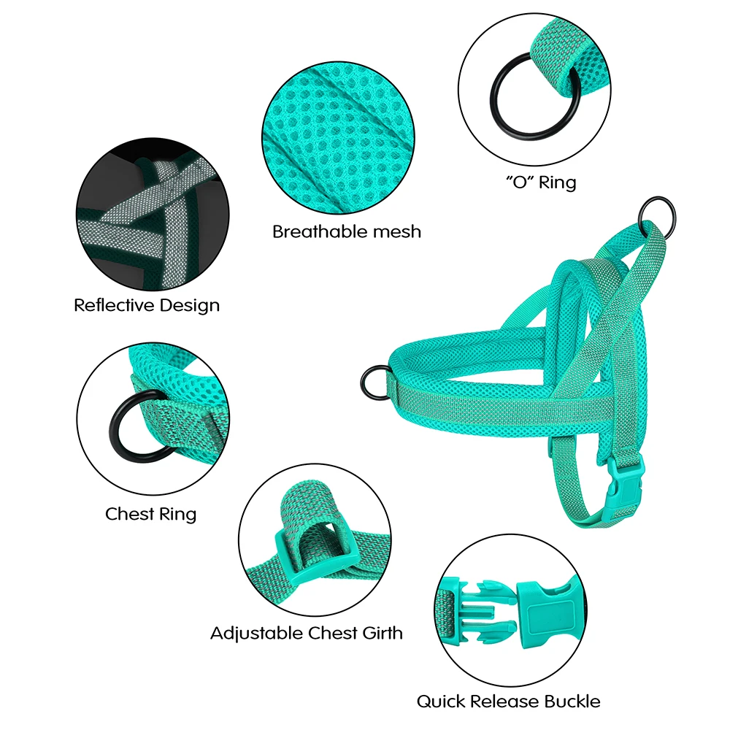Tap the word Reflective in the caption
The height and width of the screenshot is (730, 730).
point(114,305)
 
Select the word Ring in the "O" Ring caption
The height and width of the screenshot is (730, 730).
point(557,182)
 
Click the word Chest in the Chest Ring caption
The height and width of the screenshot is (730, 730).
point(129,514)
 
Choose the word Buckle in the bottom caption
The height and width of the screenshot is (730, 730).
point(572,701)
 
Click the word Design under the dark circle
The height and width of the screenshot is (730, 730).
point(190,305)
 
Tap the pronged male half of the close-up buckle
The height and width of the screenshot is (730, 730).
point(480,610)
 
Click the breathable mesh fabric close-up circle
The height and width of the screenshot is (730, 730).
point(339,138)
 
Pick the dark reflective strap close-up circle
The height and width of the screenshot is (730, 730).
point(153,215)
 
